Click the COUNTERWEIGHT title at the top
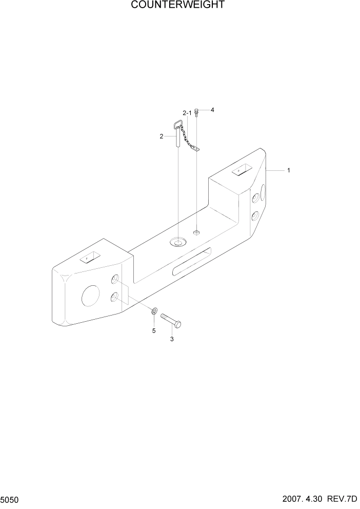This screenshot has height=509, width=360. [177, 6]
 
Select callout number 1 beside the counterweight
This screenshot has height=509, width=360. [289, 170]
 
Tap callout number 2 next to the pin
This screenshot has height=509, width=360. [161, 136]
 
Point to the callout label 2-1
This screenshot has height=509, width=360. [187, 113]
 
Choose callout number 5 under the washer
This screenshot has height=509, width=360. [153, 330]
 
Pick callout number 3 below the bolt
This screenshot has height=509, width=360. [172, 339]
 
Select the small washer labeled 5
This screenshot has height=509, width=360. [154, 311]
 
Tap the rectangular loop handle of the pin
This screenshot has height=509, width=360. [178, 124]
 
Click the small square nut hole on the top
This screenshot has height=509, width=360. [195, 233]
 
